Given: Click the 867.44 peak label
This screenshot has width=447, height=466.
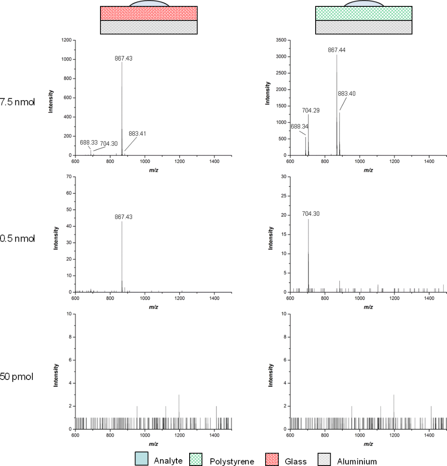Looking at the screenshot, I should tap(337, 50).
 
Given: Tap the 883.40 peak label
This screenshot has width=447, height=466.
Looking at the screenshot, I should tap(347, 94).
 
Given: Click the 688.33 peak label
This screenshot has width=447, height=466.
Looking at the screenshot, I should tap(89, 142).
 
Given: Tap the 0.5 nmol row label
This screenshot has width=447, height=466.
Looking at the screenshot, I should tap(17, 238).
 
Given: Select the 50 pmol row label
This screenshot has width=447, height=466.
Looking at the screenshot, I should tap(17, 377).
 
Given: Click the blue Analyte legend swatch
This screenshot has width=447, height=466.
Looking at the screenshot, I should tap(142, 459).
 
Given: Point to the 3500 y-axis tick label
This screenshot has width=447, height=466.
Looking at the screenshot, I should tap(281, 41).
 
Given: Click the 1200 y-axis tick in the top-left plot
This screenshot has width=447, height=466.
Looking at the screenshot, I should tap(65, 41).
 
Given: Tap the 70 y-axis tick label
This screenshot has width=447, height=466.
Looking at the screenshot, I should tap(69, 177).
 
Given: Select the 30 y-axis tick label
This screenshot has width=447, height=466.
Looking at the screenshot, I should tap(283, 177).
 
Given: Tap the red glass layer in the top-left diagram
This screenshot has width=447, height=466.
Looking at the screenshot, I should tap(149, 14).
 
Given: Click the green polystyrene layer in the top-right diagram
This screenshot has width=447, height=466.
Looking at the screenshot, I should tap(364, 14).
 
